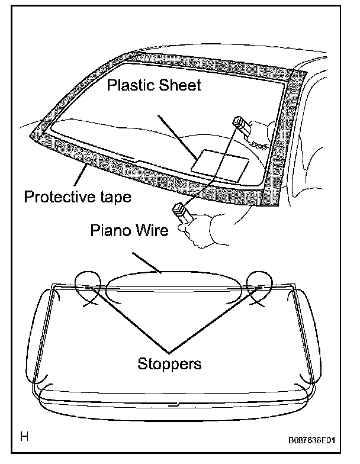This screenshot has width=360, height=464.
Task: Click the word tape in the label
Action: click(112, 197)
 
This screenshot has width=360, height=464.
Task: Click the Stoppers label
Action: click(169, 363)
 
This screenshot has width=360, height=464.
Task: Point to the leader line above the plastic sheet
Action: click(177, 134)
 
